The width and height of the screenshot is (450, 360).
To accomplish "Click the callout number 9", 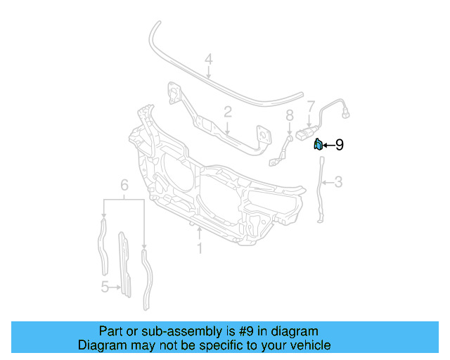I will [x=339, y=145].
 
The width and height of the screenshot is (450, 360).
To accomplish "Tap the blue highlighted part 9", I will [x=318, y=145].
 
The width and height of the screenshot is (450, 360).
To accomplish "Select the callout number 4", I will [x=208, y=60].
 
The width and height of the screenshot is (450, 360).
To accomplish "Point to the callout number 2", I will [x=228, y=112].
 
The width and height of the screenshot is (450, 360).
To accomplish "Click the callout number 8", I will [x=289, y=115].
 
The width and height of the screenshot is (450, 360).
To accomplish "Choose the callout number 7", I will [x=310, y=106].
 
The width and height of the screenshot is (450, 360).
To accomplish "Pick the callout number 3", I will [x=338, y=183].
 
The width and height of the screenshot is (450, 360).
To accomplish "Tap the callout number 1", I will [x=200, y=248].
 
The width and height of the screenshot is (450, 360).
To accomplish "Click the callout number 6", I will [x=124, y=185].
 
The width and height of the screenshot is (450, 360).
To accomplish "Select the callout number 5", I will [x=105, y=286].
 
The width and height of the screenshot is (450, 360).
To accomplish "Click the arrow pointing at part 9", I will [x=328, y=146].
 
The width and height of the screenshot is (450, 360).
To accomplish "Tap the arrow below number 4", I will [x=208, y=72].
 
